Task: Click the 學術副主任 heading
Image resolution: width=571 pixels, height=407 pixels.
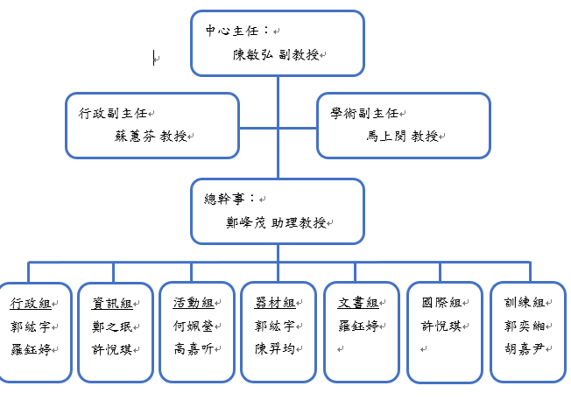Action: (x=363, y=113)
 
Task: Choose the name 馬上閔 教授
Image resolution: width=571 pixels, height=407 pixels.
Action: (x=402, y=137)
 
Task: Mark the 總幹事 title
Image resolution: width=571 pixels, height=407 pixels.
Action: (x=225, y=200)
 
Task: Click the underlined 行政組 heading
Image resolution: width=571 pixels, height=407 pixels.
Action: (x=30, y=304)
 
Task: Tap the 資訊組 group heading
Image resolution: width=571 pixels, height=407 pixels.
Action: (x=112, y=304)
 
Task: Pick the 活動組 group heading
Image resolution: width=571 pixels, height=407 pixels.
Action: (x=193, y=304)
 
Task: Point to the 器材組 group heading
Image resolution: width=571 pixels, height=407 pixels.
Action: (x=275, y=304)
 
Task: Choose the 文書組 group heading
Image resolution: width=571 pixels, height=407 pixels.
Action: (x=357, y=304)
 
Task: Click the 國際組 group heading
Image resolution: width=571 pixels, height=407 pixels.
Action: (x=440, y=303)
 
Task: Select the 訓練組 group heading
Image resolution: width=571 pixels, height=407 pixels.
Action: (x=523, y=303)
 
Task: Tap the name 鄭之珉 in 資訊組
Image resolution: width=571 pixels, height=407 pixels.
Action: (x=112, y=326)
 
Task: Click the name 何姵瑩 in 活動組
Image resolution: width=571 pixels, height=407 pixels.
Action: (x=193, y=326)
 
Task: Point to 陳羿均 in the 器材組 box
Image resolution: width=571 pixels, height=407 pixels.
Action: (x=275, y=349)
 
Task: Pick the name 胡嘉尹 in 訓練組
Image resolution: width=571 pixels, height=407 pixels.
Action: (x=523, y=349)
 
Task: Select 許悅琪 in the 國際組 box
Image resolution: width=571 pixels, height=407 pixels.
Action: (x=440, y=326)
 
